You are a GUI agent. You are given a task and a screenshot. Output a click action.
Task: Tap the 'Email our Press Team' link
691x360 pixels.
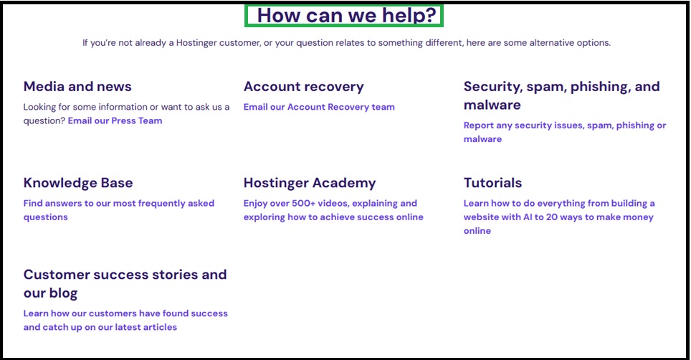115,121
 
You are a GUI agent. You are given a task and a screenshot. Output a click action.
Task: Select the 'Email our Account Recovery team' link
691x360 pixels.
319,108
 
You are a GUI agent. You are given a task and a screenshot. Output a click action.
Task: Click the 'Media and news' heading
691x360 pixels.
77,87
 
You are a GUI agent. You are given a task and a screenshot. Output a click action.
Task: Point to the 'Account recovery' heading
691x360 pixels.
303,87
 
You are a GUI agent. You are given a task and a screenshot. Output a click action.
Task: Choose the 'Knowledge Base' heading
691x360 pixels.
78,183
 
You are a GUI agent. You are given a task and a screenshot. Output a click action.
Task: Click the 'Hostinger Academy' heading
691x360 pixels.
310,183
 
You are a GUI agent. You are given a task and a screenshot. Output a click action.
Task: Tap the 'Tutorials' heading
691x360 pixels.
492,183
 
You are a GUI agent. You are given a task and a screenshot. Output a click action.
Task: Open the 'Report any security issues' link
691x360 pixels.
564,125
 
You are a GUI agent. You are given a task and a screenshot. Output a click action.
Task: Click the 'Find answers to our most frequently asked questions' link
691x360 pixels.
118,204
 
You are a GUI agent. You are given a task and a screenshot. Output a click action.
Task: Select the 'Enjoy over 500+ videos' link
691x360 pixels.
330,204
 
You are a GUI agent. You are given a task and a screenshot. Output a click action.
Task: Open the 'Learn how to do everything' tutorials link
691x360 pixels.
559,204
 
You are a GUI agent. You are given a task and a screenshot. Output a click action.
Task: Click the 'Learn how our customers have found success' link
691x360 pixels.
125,313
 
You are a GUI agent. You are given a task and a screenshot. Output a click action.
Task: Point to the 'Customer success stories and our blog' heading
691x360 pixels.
125,275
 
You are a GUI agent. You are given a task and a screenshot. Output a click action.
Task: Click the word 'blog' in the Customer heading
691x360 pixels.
63,293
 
